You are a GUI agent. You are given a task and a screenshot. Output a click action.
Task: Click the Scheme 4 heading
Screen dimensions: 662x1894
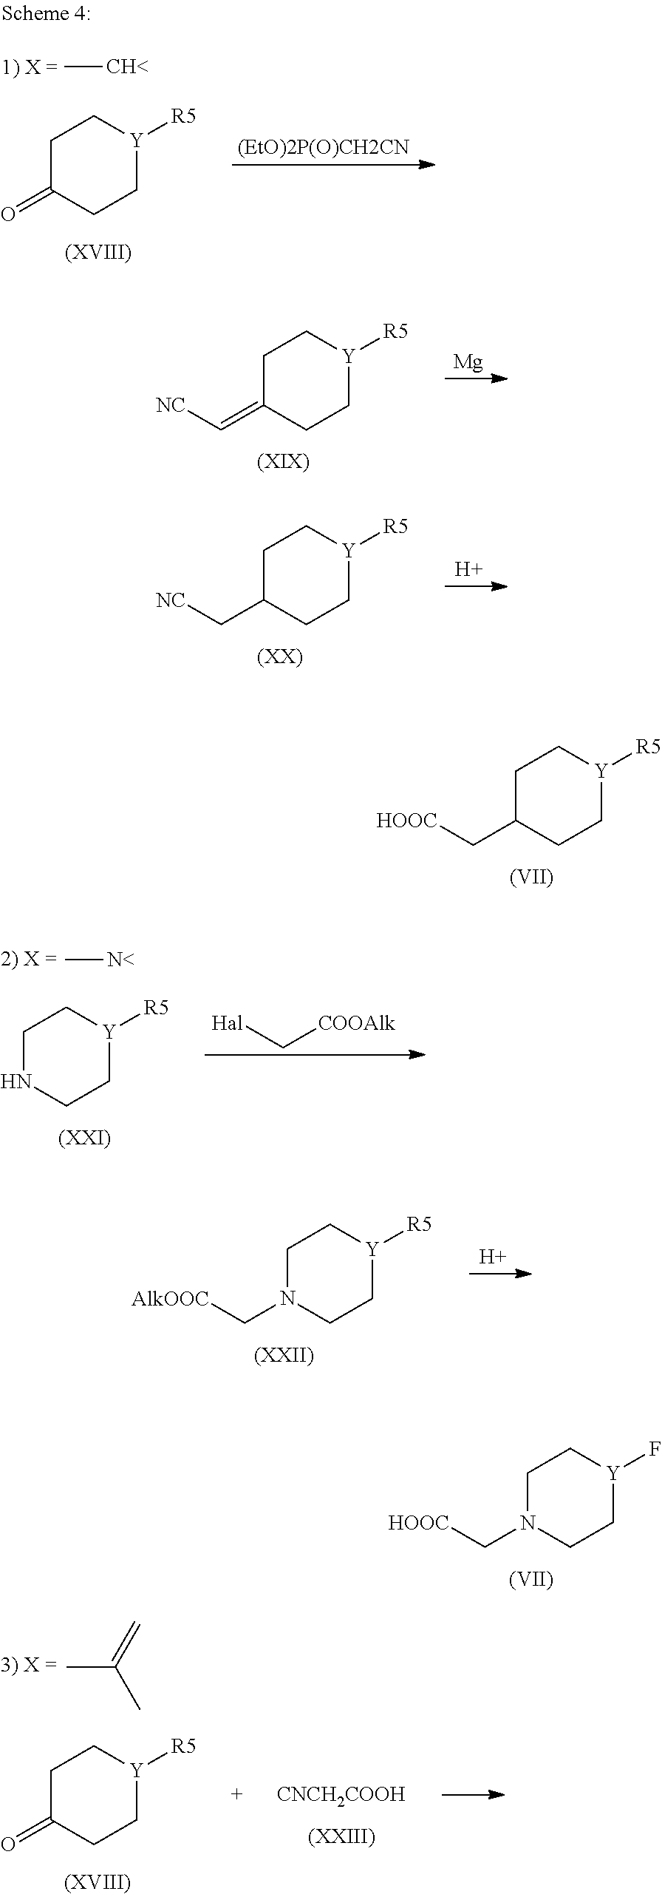(46, 14)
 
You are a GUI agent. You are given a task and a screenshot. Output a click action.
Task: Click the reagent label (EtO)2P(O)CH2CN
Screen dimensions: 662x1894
(323, 147)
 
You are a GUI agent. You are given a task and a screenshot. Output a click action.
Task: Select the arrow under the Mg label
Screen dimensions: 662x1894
(476, 379)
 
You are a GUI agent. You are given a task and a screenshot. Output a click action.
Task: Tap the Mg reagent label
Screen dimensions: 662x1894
(468, 362)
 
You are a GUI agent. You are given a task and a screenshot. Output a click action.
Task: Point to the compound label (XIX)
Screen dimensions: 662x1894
(283, 462)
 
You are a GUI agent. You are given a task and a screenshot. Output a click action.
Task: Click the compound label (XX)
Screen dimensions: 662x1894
(280, 657)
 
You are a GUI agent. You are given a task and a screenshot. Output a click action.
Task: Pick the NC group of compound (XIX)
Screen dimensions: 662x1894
(170, 405)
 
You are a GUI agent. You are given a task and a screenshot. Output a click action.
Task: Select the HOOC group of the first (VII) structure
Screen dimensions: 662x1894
(406, 821)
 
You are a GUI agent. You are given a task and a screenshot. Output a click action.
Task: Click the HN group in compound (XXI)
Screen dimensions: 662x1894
(16, 1082)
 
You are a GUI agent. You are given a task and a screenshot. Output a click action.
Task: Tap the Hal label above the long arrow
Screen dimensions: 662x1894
(227, 1023)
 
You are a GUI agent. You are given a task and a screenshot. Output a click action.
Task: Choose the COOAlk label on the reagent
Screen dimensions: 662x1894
(357, 1023)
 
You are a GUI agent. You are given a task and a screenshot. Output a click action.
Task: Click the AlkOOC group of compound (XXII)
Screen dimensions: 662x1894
(170, 1299)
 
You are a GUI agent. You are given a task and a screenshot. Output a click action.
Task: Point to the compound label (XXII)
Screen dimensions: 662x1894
(284, 1356)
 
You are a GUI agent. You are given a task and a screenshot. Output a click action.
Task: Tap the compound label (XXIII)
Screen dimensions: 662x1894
(341, 1836)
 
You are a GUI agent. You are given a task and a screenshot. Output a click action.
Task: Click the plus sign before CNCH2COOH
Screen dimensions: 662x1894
(236, 1794)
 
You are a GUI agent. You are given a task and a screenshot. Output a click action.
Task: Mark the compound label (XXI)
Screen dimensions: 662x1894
(84, 1138)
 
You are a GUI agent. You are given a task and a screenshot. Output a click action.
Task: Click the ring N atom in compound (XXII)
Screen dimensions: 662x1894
(288, 1299)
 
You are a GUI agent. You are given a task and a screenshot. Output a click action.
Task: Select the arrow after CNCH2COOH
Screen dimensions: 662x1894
(473, 1794)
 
